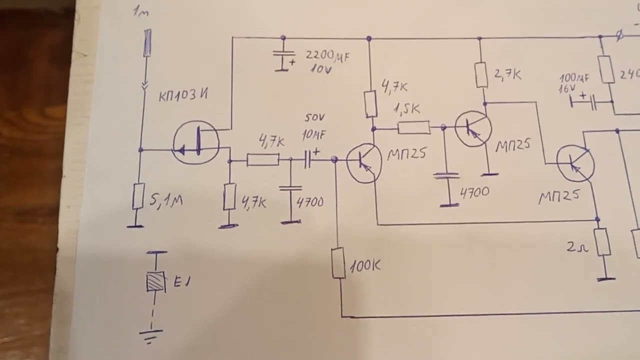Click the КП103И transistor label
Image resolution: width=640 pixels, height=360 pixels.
183,95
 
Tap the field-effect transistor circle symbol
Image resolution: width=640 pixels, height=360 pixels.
196,142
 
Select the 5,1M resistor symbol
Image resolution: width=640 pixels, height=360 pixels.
138,196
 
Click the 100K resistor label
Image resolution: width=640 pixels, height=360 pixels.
365,266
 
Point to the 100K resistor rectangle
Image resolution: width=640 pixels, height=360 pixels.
338,263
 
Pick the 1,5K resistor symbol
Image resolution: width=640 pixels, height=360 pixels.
413,128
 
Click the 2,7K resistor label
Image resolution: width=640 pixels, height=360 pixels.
507,75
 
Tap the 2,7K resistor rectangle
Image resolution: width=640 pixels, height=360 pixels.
481,75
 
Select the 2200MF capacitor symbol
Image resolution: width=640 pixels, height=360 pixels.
283,59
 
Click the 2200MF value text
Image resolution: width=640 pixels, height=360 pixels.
327,56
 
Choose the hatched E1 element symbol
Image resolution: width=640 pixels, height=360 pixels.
156,281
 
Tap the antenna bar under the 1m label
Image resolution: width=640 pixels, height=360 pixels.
147,43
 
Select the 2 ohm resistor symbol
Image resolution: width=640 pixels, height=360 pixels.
602,242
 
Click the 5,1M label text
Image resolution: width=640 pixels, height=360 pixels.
166,201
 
